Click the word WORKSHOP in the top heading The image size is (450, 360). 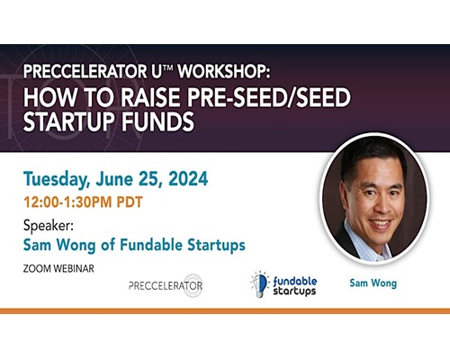click(224, 71)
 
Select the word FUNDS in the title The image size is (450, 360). click(157, 121)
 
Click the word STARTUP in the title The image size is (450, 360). click(69, 121)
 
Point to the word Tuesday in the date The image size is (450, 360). click(57, 179)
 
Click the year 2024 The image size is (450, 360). click(188, 179)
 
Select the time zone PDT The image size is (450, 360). click(130, 202)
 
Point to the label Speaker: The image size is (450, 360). click(49, 226)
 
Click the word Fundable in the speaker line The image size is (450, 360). click(151, 245)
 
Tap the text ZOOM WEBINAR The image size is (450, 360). click(58, 268)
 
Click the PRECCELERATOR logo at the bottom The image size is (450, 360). click(166, 285)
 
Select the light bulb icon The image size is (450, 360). click(259, 283)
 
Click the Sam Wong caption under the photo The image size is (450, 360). click(373, 283)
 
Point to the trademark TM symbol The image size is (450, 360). click(168, 67)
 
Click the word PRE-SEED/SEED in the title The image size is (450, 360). click(268, 97)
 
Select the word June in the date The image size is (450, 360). click(114, 179)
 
